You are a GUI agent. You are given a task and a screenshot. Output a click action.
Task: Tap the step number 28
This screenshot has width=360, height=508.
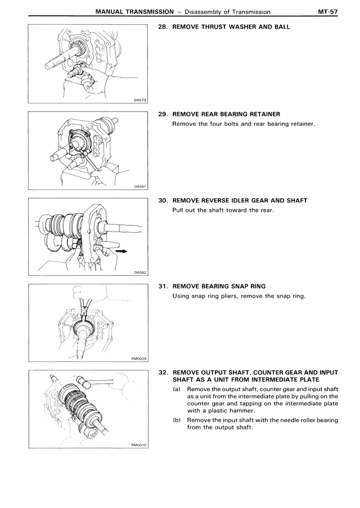point(162,27)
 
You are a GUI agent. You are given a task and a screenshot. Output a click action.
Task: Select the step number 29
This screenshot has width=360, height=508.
point(162,114)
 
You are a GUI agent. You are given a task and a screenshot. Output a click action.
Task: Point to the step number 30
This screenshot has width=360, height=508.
point(162,201)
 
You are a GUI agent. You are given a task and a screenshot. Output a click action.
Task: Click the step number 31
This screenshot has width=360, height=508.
point(162,287)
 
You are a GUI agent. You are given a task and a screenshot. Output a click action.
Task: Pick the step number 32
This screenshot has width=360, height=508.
point(162,373)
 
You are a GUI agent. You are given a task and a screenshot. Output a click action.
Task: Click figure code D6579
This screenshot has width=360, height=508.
point(140,101)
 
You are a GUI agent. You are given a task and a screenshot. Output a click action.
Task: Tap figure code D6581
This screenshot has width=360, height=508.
point(140,187)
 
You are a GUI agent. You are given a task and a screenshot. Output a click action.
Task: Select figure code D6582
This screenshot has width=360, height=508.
point(140,273)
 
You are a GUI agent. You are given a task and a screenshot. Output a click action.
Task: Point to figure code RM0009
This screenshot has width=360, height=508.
point(138,360)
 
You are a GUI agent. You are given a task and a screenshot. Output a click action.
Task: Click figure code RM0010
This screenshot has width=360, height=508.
point(138,446)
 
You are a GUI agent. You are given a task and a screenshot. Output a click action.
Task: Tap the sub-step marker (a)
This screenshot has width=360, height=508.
point(177,389)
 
